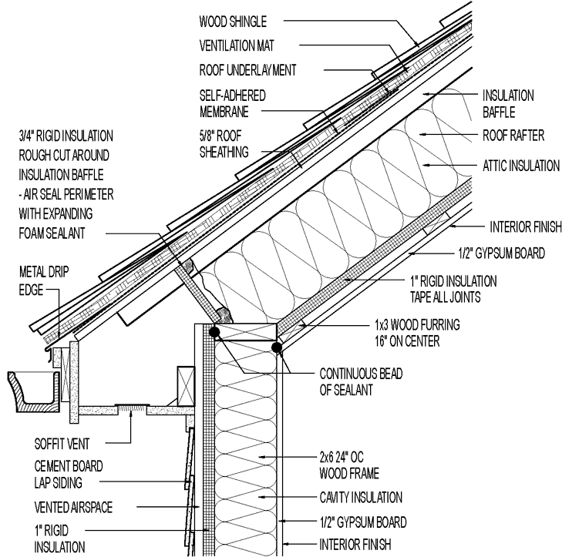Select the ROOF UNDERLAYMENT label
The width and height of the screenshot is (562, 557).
click(247, 70)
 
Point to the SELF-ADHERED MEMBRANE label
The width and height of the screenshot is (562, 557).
click(222, 103)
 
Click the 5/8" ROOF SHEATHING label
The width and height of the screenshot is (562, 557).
click(224, 145)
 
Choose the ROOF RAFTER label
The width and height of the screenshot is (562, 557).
click(513, 136)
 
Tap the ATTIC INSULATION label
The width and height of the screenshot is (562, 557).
click(520, 165)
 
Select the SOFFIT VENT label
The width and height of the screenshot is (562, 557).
click(60, 443)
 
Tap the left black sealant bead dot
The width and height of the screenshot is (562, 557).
click(214, 332)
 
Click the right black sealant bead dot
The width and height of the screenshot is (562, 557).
click(276, 347)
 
